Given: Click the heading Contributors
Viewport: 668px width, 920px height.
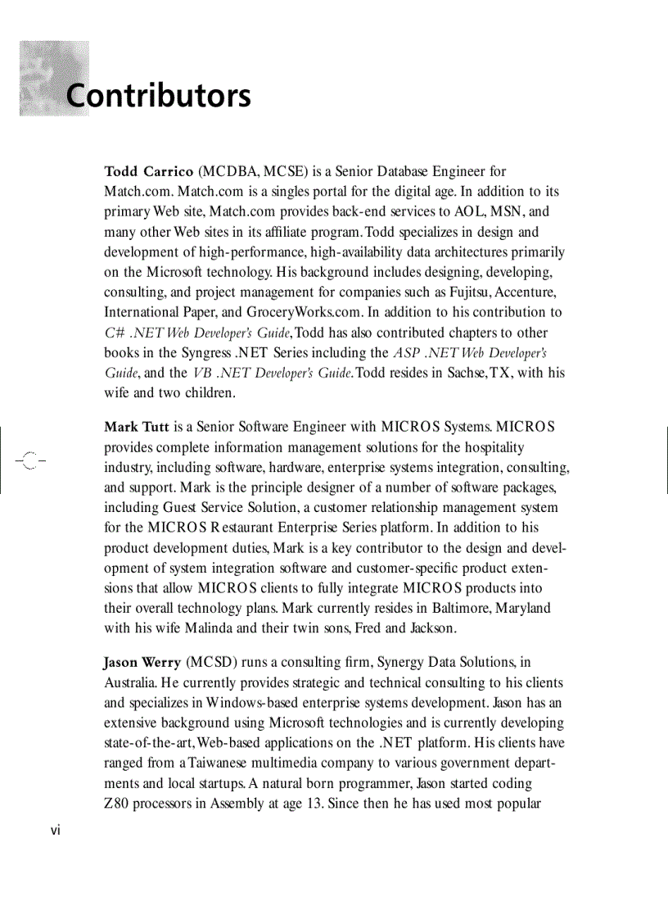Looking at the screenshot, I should (158, 96).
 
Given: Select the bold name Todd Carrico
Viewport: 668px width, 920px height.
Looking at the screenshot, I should (148, 172).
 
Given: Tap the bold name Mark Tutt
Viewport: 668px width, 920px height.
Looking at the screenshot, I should (136, 428).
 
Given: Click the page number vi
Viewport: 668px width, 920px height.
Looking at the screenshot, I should (55, 830).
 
